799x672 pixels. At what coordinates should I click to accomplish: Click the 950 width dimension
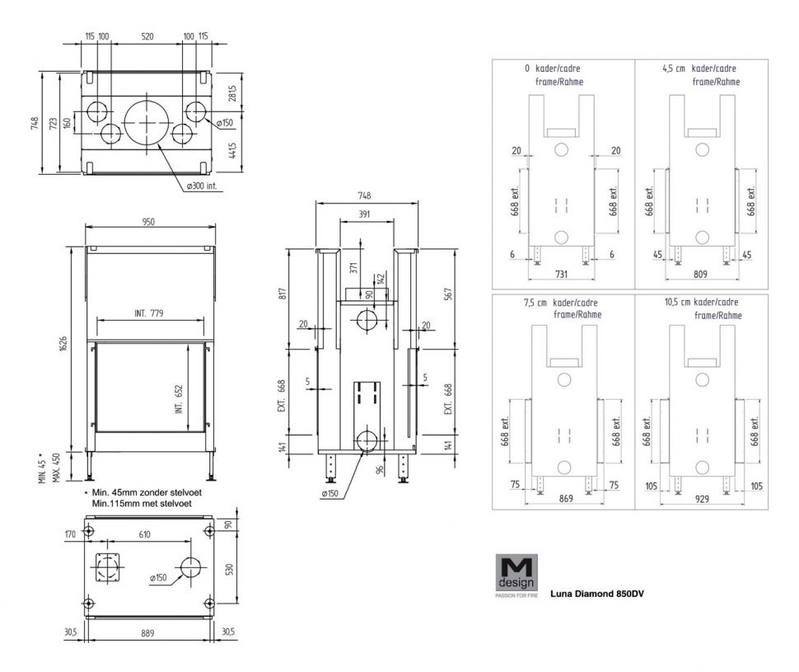coord(148,222)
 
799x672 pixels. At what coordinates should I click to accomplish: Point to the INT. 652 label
coord(178,387)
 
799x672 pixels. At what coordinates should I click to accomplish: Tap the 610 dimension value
coord(143,535)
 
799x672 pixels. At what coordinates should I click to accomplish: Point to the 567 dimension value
coord(449,294)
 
